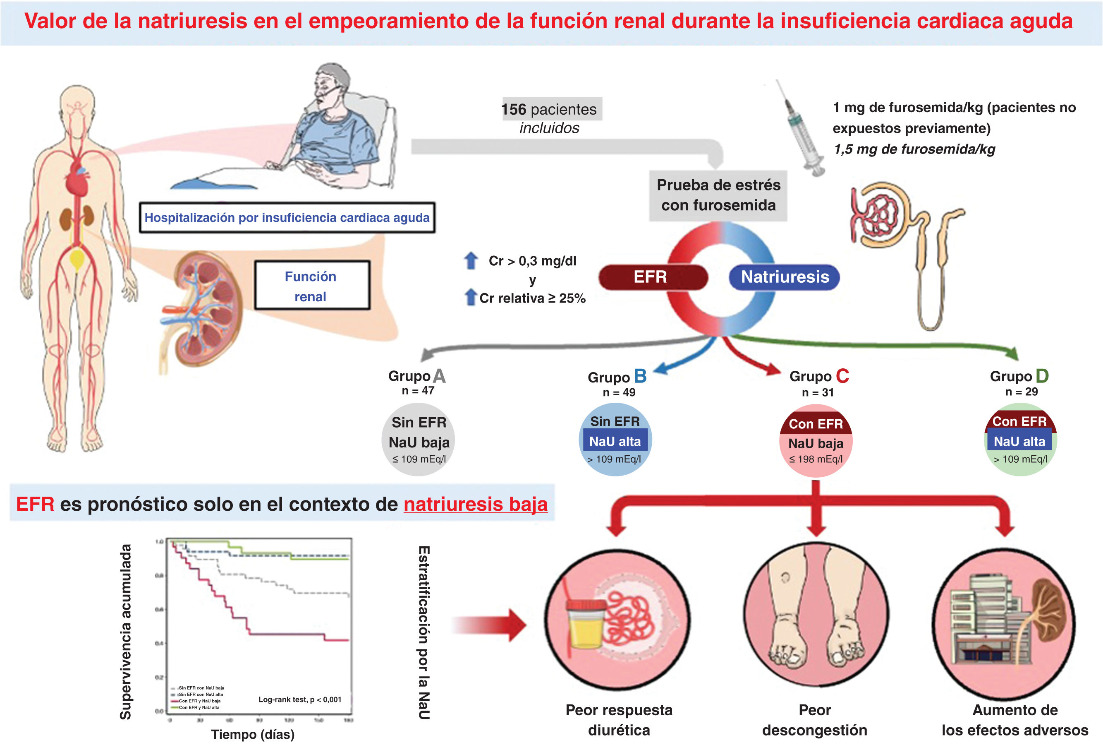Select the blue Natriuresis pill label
pyautogui.click(x=784, y=277)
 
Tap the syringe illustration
pyautogui.click(x=802, y=128)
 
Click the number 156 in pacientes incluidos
pyautogui.click(x=514, y=109)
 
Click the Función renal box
pyautogui.click(x=311, y=286)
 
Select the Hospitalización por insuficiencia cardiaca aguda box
pyautogui.click(x=287, y=217)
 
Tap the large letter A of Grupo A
pyautogui.click(x=439, y=376)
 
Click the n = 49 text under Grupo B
pyautogui.click(x=618, y=393)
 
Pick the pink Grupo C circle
pyautogui.click(x=816, y=442)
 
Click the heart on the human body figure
pyautogui.click(x=77, y=180)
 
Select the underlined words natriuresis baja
pyautogui.click(x=475, y=504)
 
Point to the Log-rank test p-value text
pyautogui.click(x=299, y=699)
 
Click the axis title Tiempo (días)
pyautogui.click(x=253, y=734)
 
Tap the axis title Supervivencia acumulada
pyautogui.click(x=125, y=632)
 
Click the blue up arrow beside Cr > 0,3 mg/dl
pyautogui.click(x=470, y=261)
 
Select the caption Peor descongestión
pyautogui.click(x=814, y=720)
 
